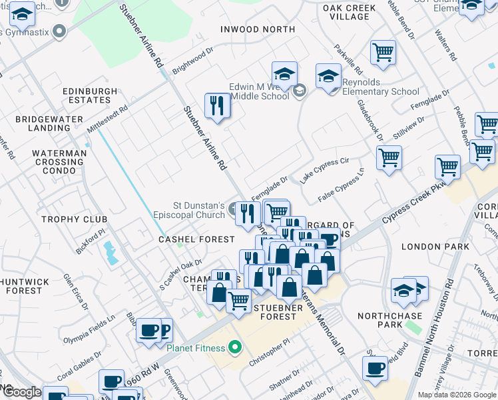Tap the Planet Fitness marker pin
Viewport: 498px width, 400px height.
[x=234, y=347]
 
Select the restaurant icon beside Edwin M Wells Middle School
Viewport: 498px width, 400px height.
[x=217, y=106]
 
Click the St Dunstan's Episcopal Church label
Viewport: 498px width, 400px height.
[x=190, y=210]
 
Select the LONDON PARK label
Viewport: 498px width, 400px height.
[x=427, y=246]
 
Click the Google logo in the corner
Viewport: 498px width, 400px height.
[x=21, y=393]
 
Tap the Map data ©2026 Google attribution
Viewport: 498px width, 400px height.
[x=456, y=395]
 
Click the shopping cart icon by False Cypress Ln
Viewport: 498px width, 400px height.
[x=389, y=159]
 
